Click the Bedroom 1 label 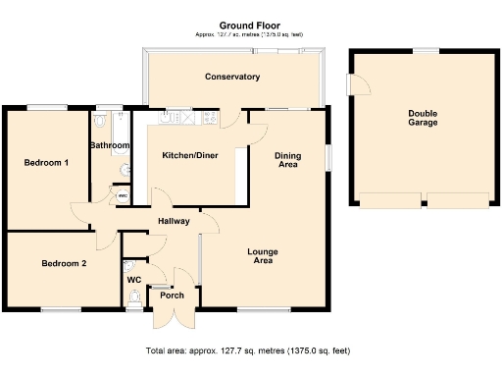click(46, 162)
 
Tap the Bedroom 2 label click(64, 263)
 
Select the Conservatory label click(231, 77)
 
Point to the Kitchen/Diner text click(190, 155)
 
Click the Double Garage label click(423, 118)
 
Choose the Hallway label click(173, 221)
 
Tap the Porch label click(172, 295)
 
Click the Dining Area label click(287, 160)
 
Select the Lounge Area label click(262, 256)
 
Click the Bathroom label click(109, 145)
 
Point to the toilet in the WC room click(134, 299)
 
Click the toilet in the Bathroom click(102, 121)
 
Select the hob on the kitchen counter click(208, 118)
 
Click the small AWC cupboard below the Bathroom click(122, 195)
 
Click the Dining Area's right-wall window click(329, 159)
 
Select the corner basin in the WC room click(128, 265)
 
